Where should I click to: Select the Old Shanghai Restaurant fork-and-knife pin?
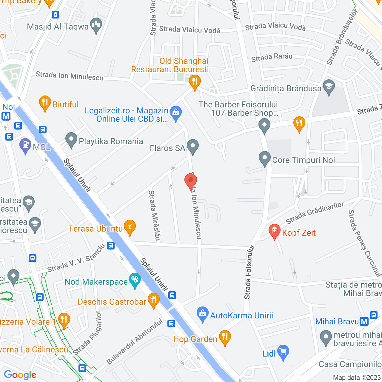(195, 81)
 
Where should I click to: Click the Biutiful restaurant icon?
(45, 103)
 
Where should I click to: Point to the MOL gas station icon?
(25, 145)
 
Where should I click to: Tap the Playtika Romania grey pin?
(71, 140)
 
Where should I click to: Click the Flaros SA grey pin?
(193, 147)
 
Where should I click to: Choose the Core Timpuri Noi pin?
(264, 158)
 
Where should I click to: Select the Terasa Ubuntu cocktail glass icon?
(130, 227)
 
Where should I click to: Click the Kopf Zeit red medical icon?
(274, 231)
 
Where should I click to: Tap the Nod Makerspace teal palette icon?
(135, 280)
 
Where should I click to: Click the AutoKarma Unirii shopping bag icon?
(203, 314)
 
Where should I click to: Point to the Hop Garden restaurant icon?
(225, 338)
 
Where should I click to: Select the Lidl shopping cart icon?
(283, 352)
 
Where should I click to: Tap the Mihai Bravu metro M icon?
(364, 321)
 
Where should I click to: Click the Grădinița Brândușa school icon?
(329, 87)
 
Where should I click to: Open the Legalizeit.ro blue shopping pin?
(176, 113)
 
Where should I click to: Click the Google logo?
(20, 375)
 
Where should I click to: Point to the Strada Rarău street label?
(272, 57)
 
